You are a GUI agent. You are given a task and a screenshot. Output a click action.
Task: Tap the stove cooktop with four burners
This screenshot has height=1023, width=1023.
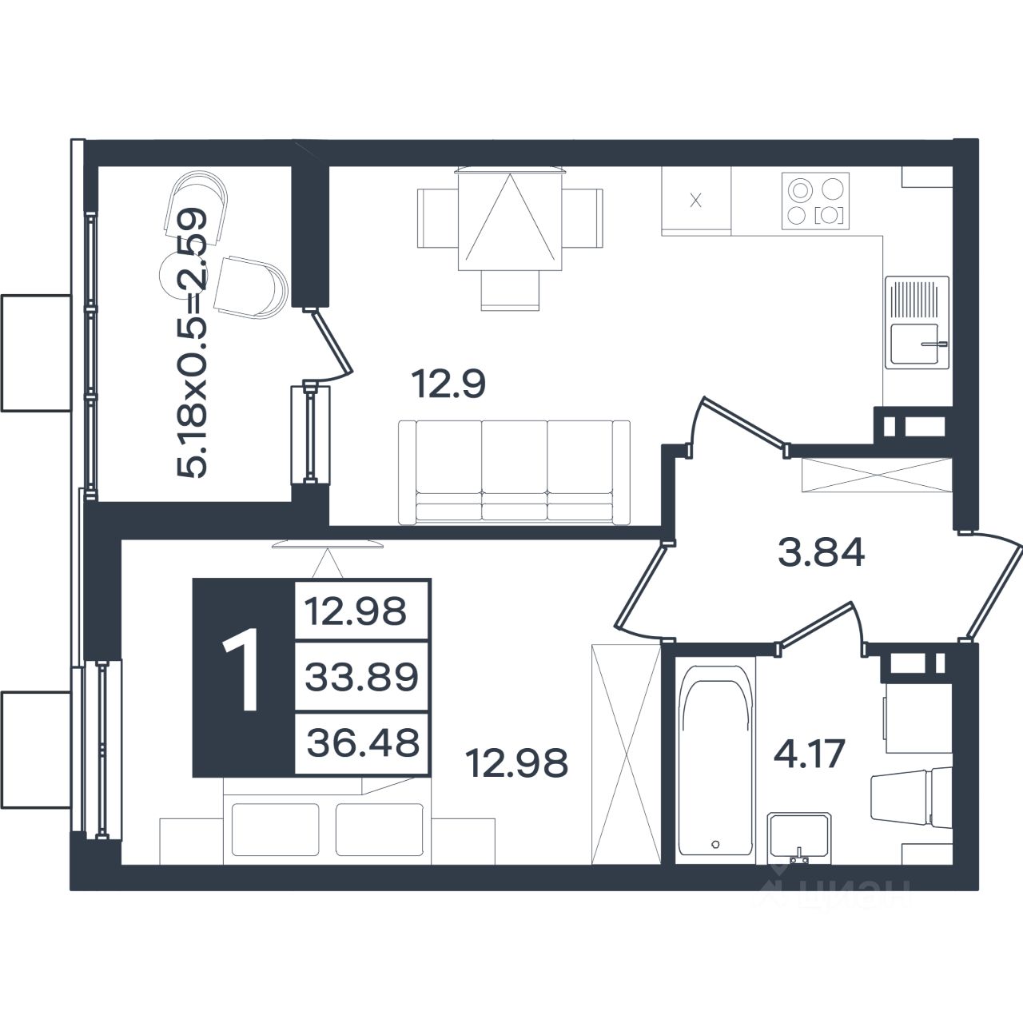pyautogui.click(x=815, y=201)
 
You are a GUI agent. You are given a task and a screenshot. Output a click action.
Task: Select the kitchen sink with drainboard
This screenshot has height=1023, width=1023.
pyautogui.click(x=917, y=322)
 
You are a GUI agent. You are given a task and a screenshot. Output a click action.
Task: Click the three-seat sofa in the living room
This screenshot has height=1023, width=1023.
pyautogui.click(x=514, y=472)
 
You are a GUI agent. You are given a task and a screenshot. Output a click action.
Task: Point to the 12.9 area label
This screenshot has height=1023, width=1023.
pyautogui.click(x=448, y=385)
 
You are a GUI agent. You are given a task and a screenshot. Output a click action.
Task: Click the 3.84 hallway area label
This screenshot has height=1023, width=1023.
pyautogui.click(x=822, y=552)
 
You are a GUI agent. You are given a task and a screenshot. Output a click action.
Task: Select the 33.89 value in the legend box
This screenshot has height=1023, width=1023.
pyautogui.click(x=362, y=677)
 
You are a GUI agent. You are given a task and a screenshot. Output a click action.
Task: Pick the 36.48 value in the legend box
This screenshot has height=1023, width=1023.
pyautogui.click(x=363, y=742)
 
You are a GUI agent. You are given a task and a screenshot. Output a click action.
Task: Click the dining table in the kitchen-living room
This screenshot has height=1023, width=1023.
pyautogui.click(x=510, y=219)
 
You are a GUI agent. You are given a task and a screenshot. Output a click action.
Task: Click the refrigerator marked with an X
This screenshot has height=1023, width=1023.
pyautogui.click(x=696, y=201)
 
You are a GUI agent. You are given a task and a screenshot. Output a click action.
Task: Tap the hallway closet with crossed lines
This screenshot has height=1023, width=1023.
pyautogui.click(x=877, y=474)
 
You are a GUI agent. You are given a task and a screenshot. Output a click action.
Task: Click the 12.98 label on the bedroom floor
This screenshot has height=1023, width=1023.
pyautogui.click(x=516, y=763)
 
